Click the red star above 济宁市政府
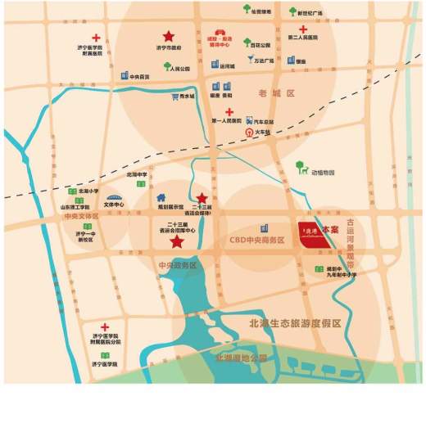click(x=168, y=37)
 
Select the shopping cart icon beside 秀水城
click(x=174, y=97)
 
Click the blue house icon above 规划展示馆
click(x=161, y=197)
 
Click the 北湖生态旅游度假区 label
click(x=294, y=324)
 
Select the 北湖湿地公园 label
click(x=242, y=358)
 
